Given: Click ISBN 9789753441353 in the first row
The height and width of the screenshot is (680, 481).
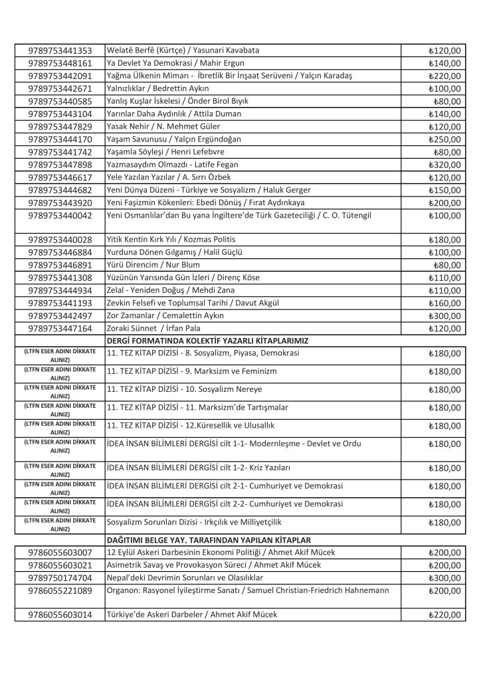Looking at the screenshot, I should [x=60, y=50].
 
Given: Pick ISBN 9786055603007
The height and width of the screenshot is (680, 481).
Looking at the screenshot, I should [x=60, y=552].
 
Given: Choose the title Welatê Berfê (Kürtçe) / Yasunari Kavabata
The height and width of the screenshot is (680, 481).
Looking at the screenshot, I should [x=183, y=50].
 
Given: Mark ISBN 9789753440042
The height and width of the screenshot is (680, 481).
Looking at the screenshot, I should [x=60, y=215].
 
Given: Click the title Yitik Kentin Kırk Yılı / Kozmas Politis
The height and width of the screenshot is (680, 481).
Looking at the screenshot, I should [x=171, y=239].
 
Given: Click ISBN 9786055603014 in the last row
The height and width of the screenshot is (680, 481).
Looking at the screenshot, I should [x=60, y=614].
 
